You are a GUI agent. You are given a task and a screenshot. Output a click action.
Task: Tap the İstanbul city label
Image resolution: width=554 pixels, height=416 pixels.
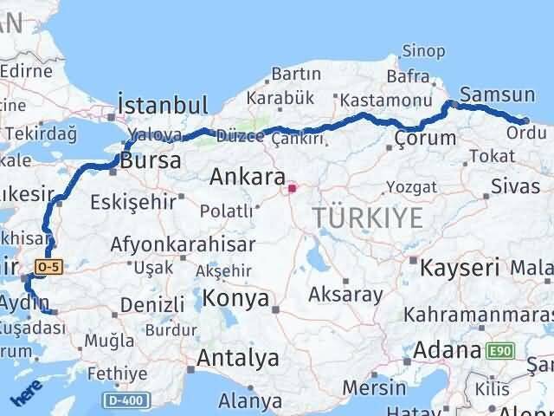164,106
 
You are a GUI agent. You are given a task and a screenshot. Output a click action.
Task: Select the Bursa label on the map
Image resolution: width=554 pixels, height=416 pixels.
151,160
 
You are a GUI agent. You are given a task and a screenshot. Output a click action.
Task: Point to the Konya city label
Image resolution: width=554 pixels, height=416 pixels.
236,299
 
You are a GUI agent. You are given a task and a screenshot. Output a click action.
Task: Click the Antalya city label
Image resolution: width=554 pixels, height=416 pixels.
238,357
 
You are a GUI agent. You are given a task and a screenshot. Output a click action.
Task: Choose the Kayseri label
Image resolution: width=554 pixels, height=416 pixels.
460,267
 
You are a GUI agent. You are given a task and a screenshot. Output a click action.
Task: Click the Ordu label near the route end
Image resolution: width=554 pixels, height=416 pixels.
525,133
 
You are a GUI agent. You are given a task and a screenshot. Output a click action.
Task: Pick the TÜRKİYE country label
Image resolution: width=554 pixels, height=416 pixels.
369,218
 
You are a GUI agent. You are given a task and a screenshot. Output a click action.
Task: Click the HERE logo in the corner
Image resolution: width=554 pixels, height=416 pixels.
24,398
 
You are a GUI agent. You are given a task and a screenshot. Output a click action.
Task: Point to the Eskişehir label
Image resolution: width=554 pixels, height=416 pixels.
132,202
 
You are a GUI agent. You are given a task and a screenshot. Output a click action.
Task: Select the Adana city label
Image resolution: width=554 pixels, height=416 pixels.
447,351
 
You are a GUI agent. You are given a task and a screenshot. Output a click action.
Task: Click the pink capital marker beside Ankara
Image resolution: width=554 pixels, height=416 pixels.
293,187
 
